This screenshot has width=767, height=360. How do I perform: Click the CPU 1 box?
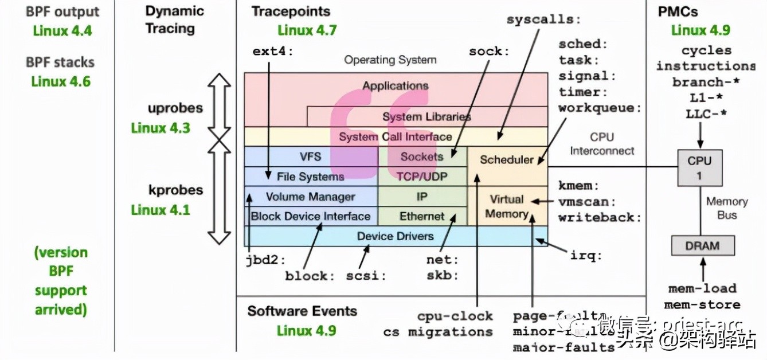tap(699, 167)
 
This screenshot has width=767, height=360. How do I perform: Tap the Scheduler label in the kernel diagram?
tap(507, 159)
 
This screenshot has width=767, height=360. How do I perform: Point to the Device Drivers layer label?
tap(395, 236)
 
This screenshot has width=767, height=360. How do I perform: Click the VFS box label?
tap(310, 156)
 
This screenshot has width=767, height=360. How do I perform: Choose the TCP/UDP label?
tap(422, 177)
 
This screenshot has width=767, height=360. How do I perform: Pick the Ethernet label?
tap(422, 216)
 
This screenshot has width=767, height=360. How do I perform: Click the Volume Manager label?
tap(310, 197)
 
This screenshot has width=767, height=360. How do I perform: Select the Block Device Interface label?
tap(310, 216)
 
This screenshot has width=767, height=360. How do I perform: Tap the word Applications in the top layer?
tap(395, 86)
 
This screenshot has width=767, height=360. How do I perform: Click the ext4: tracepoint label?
tap(272, 51)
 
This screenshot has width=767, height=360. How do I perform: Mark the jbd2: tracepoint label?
tap(265, 260)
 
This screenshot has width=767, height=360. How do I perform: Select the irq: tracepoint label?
tap(586, 256)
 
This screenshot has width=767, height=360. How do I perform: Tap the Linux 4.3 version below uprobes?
tap(160, 127)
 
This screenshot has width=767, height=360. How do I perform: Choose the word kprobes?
tap(175, 190)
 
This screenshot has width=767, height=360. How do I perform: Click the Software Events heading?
tap(302, 311)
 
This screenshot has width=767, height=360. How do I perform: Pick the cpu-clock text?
tap(455, 316)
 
